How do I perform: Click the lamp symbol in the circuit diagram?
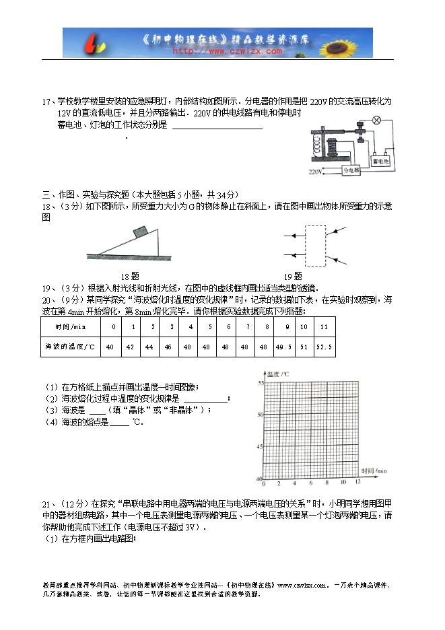378,121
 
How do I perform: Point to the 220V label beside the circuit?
316,173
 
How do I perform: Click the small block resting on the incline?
141,232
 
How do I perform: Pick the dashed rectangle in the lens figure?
314,245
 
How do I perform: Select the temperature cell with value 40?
110,347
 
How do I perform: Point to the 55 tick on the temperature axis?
259,382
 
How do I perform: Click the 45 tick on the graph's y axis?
259,446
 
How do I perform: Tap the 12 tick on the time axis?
358,483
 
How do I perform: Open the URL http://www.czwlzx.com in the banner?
228,50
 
